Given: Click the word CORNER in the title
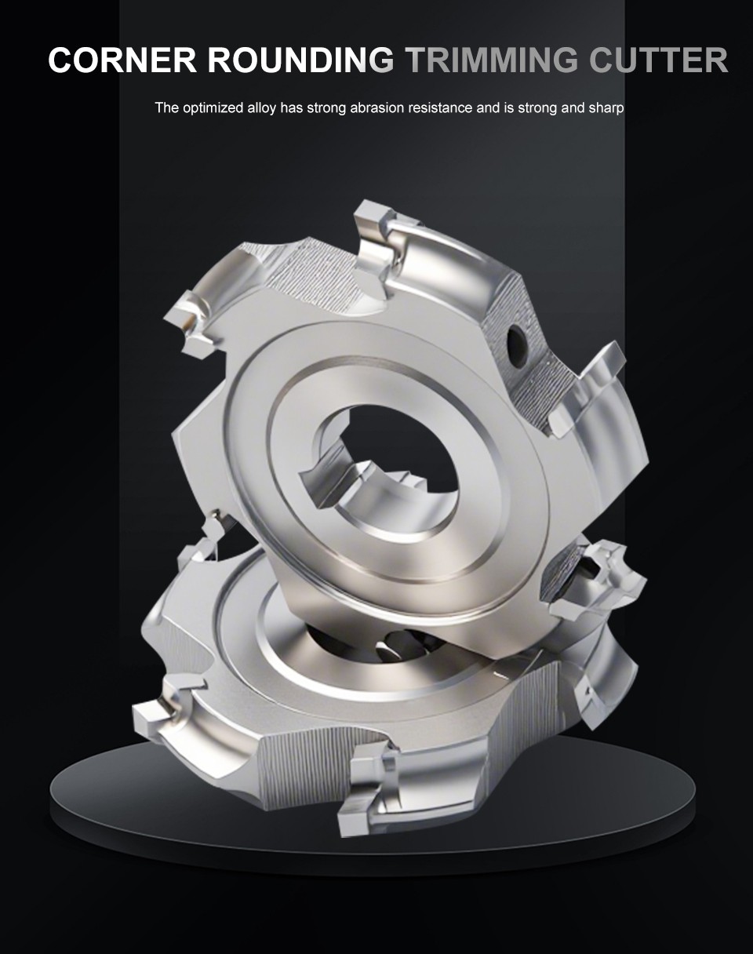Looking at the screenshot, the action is click(x=122, y=60).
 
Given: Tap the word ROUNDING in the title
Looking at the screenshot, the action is click(x=301, y=60).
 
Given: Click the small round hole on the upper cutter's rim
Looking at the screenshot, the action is click(x=516, y=341).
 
